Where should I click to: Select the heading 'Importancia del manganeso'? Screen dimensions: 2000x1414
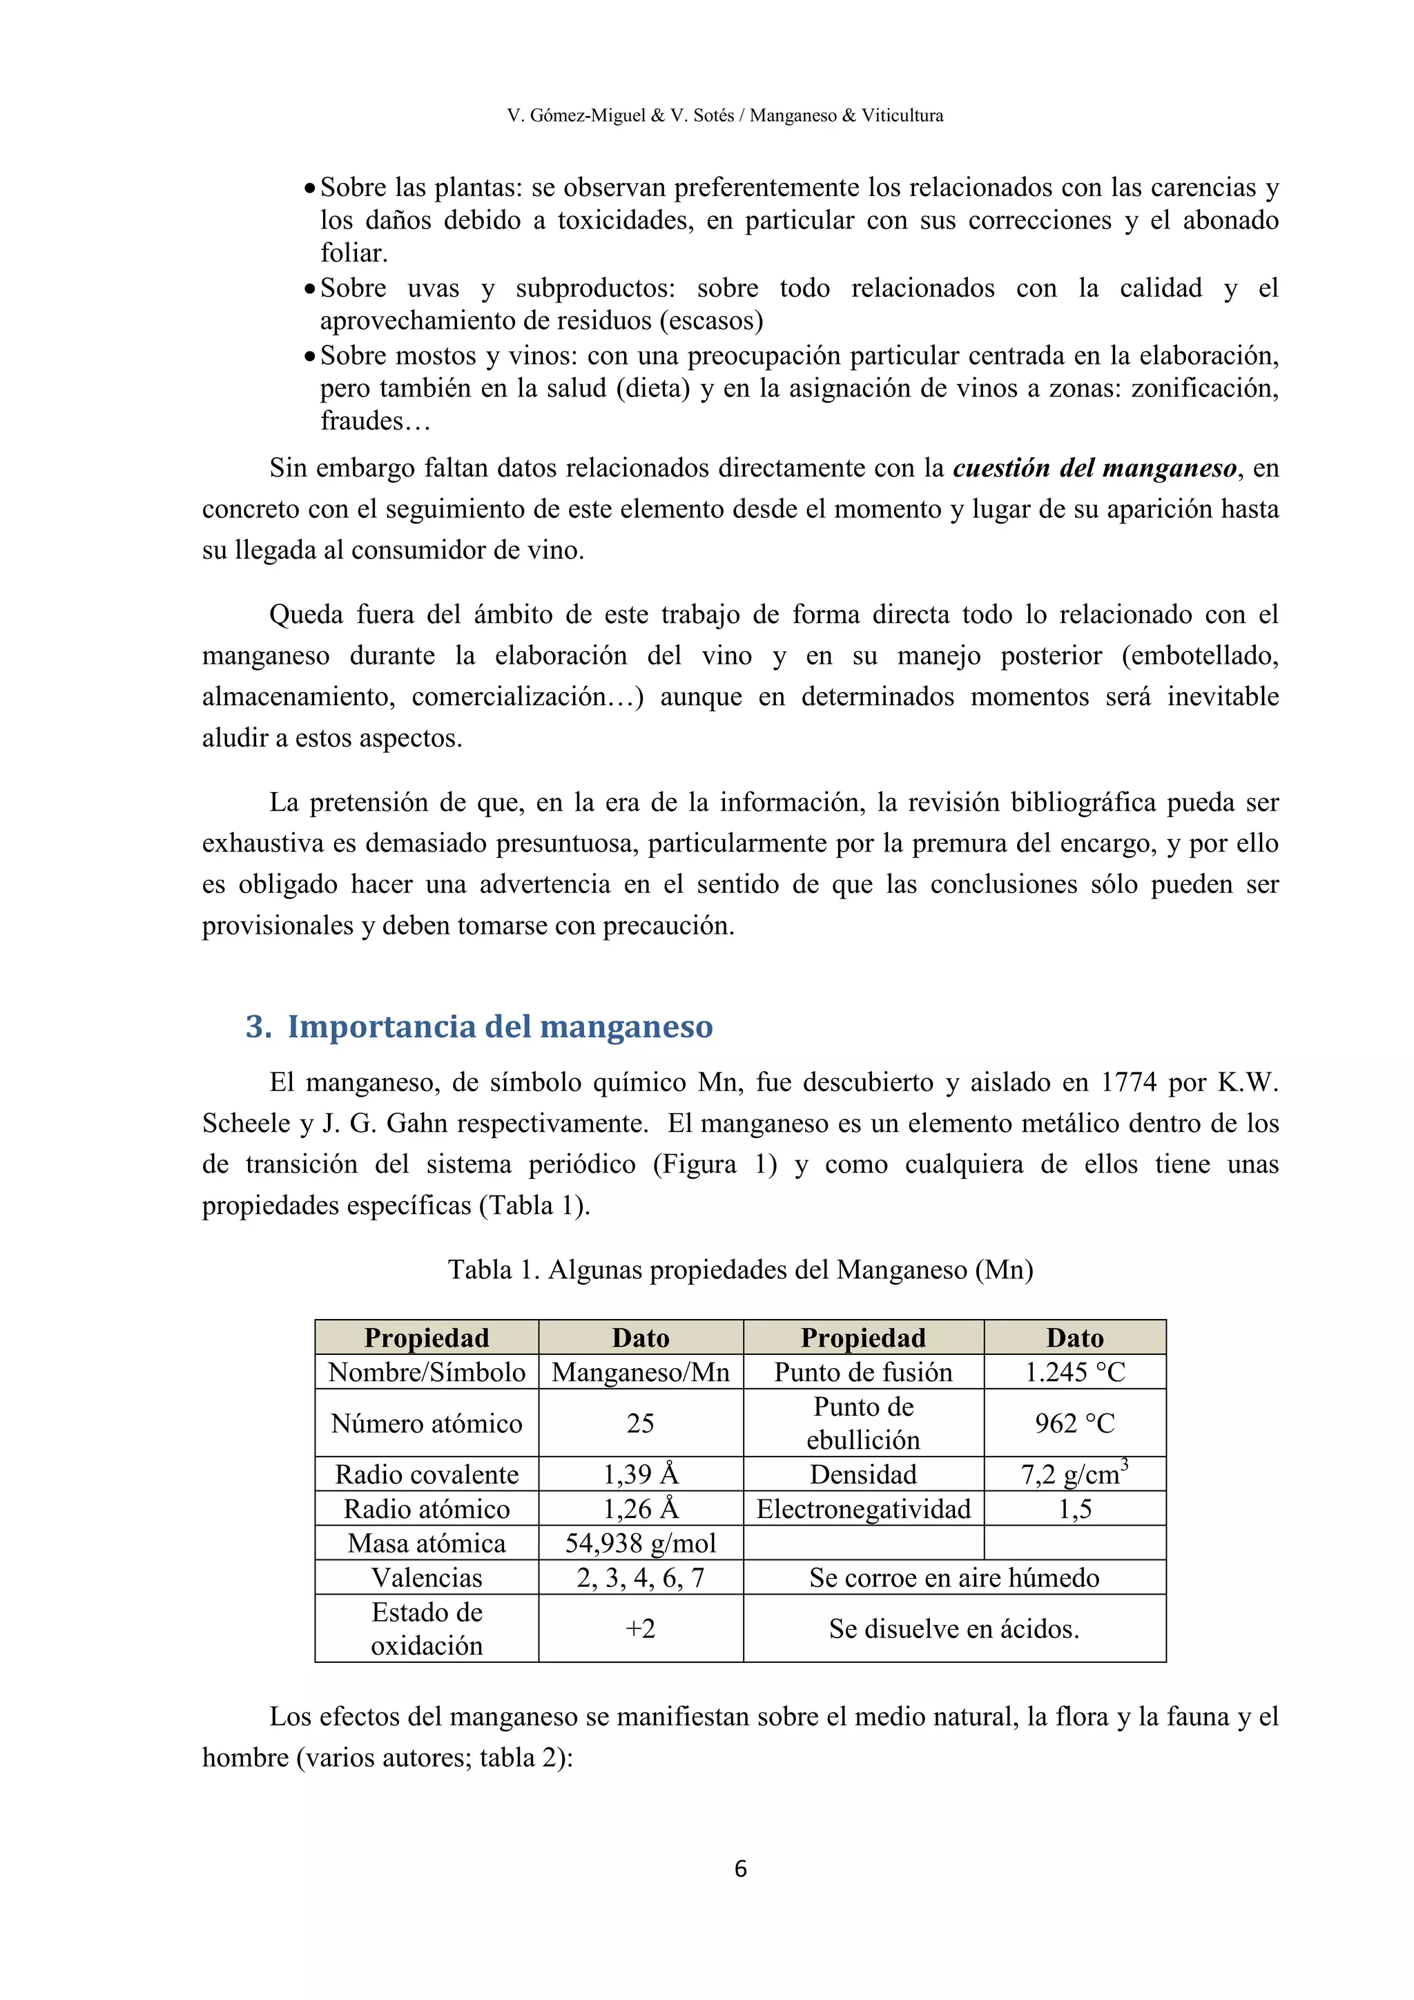500,1026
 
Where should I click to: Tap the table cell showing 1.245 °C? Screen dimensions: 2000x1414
1074,1372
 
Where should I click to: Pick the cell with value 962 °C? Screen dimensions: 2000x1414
1074,1423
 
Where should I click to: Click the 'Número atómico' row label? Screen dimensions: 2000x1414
427,1423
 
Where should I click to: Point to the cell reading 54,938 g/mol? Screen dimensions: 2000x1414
640,1543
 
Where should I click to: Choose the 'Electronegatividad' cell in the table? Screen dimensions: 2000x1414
863,1509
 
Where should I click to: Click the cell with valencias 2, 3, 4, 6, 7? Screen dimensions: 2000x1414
640,1577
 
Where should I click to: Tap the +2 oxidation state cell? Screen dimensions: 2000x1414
640,1628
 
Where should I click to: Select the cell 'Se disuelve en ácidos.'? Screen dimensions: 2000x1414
954,1628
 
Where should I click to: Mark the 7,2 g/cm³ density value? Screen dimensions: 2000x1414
1074,1474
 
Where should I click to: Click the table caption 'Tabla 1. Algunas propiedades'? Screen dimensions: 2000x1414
740,1270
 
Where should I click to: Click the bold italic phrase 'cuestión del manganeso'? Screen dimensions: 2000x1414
1094,469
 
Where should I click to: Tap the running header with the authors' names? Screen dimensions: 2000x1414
725,115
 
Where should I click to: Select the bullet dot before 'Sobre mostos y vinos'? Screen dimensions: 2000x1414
309,356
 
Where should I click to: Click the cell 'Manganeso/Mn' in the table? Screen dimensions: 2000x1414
640,1372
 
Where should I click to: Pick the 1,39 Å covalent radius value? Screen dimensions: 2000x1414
640,1474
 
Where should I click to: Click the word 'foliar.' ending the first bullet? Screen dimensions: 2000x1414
354,253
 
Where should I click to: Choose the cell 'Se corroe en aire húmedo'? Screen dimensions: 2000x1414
954,1577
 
